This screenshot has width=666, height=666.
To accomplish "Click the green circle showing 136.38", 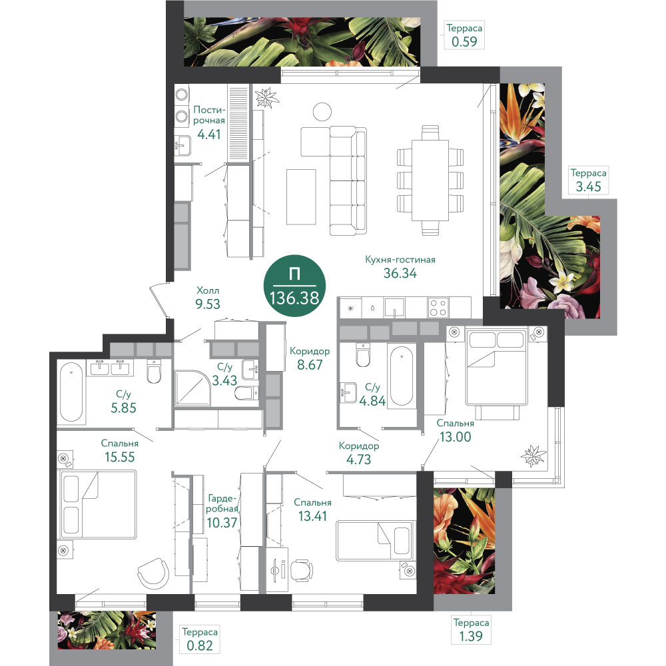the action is pos(295,286).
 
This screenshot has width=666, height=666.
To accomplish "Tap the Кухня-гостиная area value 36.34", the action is pos(400,273).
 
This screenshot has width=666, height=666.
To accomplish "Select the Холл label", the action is pos(208,290).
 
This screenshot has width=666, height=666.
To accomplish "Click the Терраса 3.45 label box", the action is pos(588,180).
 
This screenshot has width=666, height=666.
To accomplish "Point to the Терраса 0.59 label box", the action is pos(464,35).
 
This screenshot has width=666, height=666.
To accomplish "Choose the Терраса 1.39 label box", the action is pos(471,629).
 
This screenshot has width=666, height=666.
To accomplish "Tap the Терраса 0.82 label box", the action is pos(200,639).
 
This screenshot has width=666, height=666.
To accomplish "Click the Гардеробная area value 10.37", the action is pos(222,522).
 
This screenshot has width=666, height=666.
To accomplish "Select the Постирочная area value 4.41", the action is pos(209,135).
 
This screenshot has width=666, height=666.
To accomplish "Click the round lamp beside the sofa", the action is pos(322,112).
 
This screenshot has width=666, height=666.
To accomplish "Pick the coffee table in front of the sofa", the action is pos(301,196).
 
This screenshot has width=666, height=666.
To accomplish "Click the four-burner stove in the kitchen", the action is pos(438,308).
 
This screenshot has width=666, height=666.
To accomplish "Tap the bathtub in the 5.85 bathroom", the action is pos(71,392).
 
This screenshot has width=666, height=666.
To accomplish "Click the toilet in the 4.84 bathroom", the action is pos(363,356).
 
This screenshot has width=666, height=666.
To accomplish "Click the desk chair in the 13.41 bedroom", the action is pos(301,570).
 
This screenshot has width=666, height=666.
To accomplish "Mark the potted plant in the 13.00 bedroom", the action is pos(533,456).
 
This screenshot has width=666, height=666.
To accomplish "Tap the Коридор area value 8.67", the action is pos(310,364).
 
